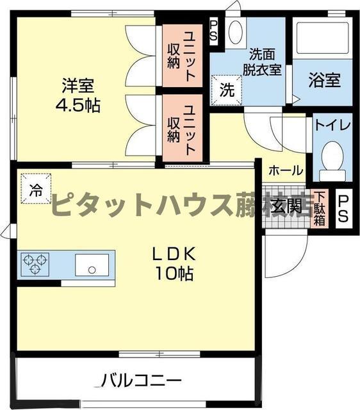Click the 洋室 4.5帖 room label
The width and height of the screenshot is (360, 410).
click(81, 94)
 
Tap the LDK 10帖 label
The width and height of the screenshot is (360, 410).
click(173, 263)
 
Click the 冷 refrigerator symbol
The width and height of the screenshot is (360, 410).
click(37, 190)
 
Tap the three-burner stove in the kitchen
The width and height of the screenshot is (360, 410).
click(35, 264)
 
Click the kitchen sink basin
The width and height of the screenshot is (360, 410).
click(92, 264)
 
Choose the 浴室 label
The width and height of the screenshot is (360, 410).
click(323, 81)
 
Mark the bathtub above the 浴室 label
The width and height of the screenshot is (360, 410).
click(323, 40)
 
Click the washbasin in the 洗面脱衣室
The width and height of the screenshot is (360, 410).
click(235, 32)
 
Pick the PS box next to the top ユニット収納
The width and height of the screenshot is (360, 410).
click(214, 31)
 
